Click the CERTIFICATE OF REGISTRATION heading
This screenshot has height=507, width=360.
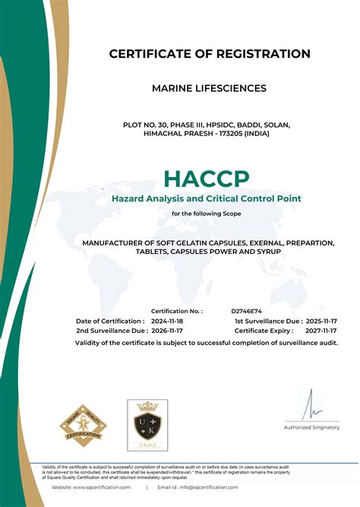(210, 54)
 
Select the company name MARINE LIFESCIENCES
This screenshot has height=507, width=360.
(210, 88)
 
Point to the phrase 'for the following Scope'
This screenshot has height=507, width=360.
(206, 214)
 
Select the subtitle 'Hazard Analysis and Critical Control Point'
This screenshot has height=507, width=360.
(206, 198)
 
